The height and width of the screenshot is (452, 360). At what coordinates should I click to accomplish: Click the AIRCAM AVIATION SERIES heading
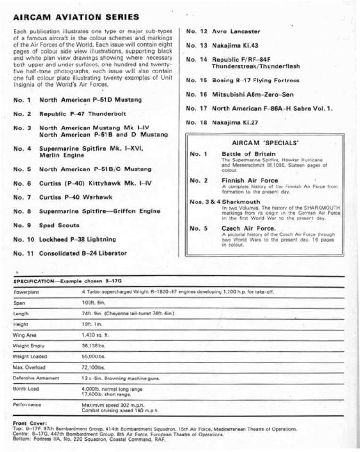76,17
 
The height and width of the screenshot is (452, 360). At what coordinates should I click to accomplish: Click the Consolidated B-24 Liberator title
82,253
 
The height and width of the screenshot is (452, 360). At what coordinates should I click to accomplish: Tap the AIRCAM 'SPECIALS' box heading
265,142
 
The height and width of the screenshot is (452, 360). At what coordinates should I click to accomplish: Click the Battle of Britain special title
249,154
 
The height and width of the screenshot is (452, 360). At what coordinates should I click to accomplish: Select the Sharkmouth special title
241,202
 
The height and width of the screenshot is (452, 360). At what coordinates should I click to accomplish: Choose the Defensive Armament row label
36,378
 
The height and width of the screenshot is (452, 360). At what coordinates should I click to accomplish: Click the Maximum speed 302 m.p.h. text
113,405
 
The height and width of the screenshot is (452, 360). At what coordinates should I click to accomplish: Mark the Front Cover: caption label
30,423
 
